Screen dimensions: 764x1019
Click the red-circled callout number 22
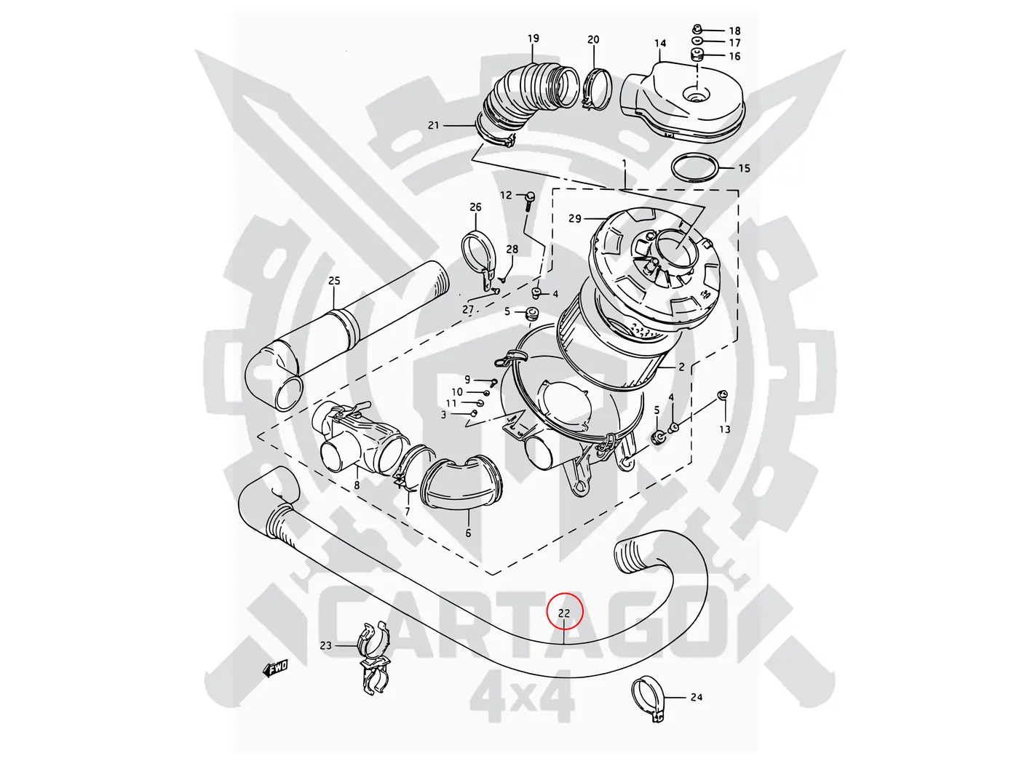point(565,613)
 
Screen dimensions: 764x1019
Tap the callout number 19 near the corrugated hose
point(533,39)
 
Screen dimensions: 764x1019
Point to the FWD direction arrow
point(276,667)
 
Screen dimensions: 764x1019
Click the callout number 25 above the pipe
point(334,281)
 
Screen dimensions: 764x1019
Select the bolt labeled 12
point(530,197)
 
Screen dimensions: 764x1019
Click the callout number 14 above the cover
point(660,44)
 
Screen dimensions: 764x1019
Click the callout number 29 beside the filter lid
point(575,218)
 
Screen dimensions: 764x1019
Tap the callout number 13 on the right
point(724,429)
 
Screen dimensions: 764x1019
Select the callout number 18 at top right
point(734,31)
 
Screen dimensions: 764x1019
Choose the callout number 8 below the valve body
point(357,485)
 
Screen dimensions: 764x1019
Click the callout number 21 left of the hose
point(434,125)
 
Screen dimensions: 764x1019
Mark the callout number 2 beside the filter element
point(681,367)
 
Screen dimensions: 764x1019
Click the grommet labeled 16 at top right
point(697,56)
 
